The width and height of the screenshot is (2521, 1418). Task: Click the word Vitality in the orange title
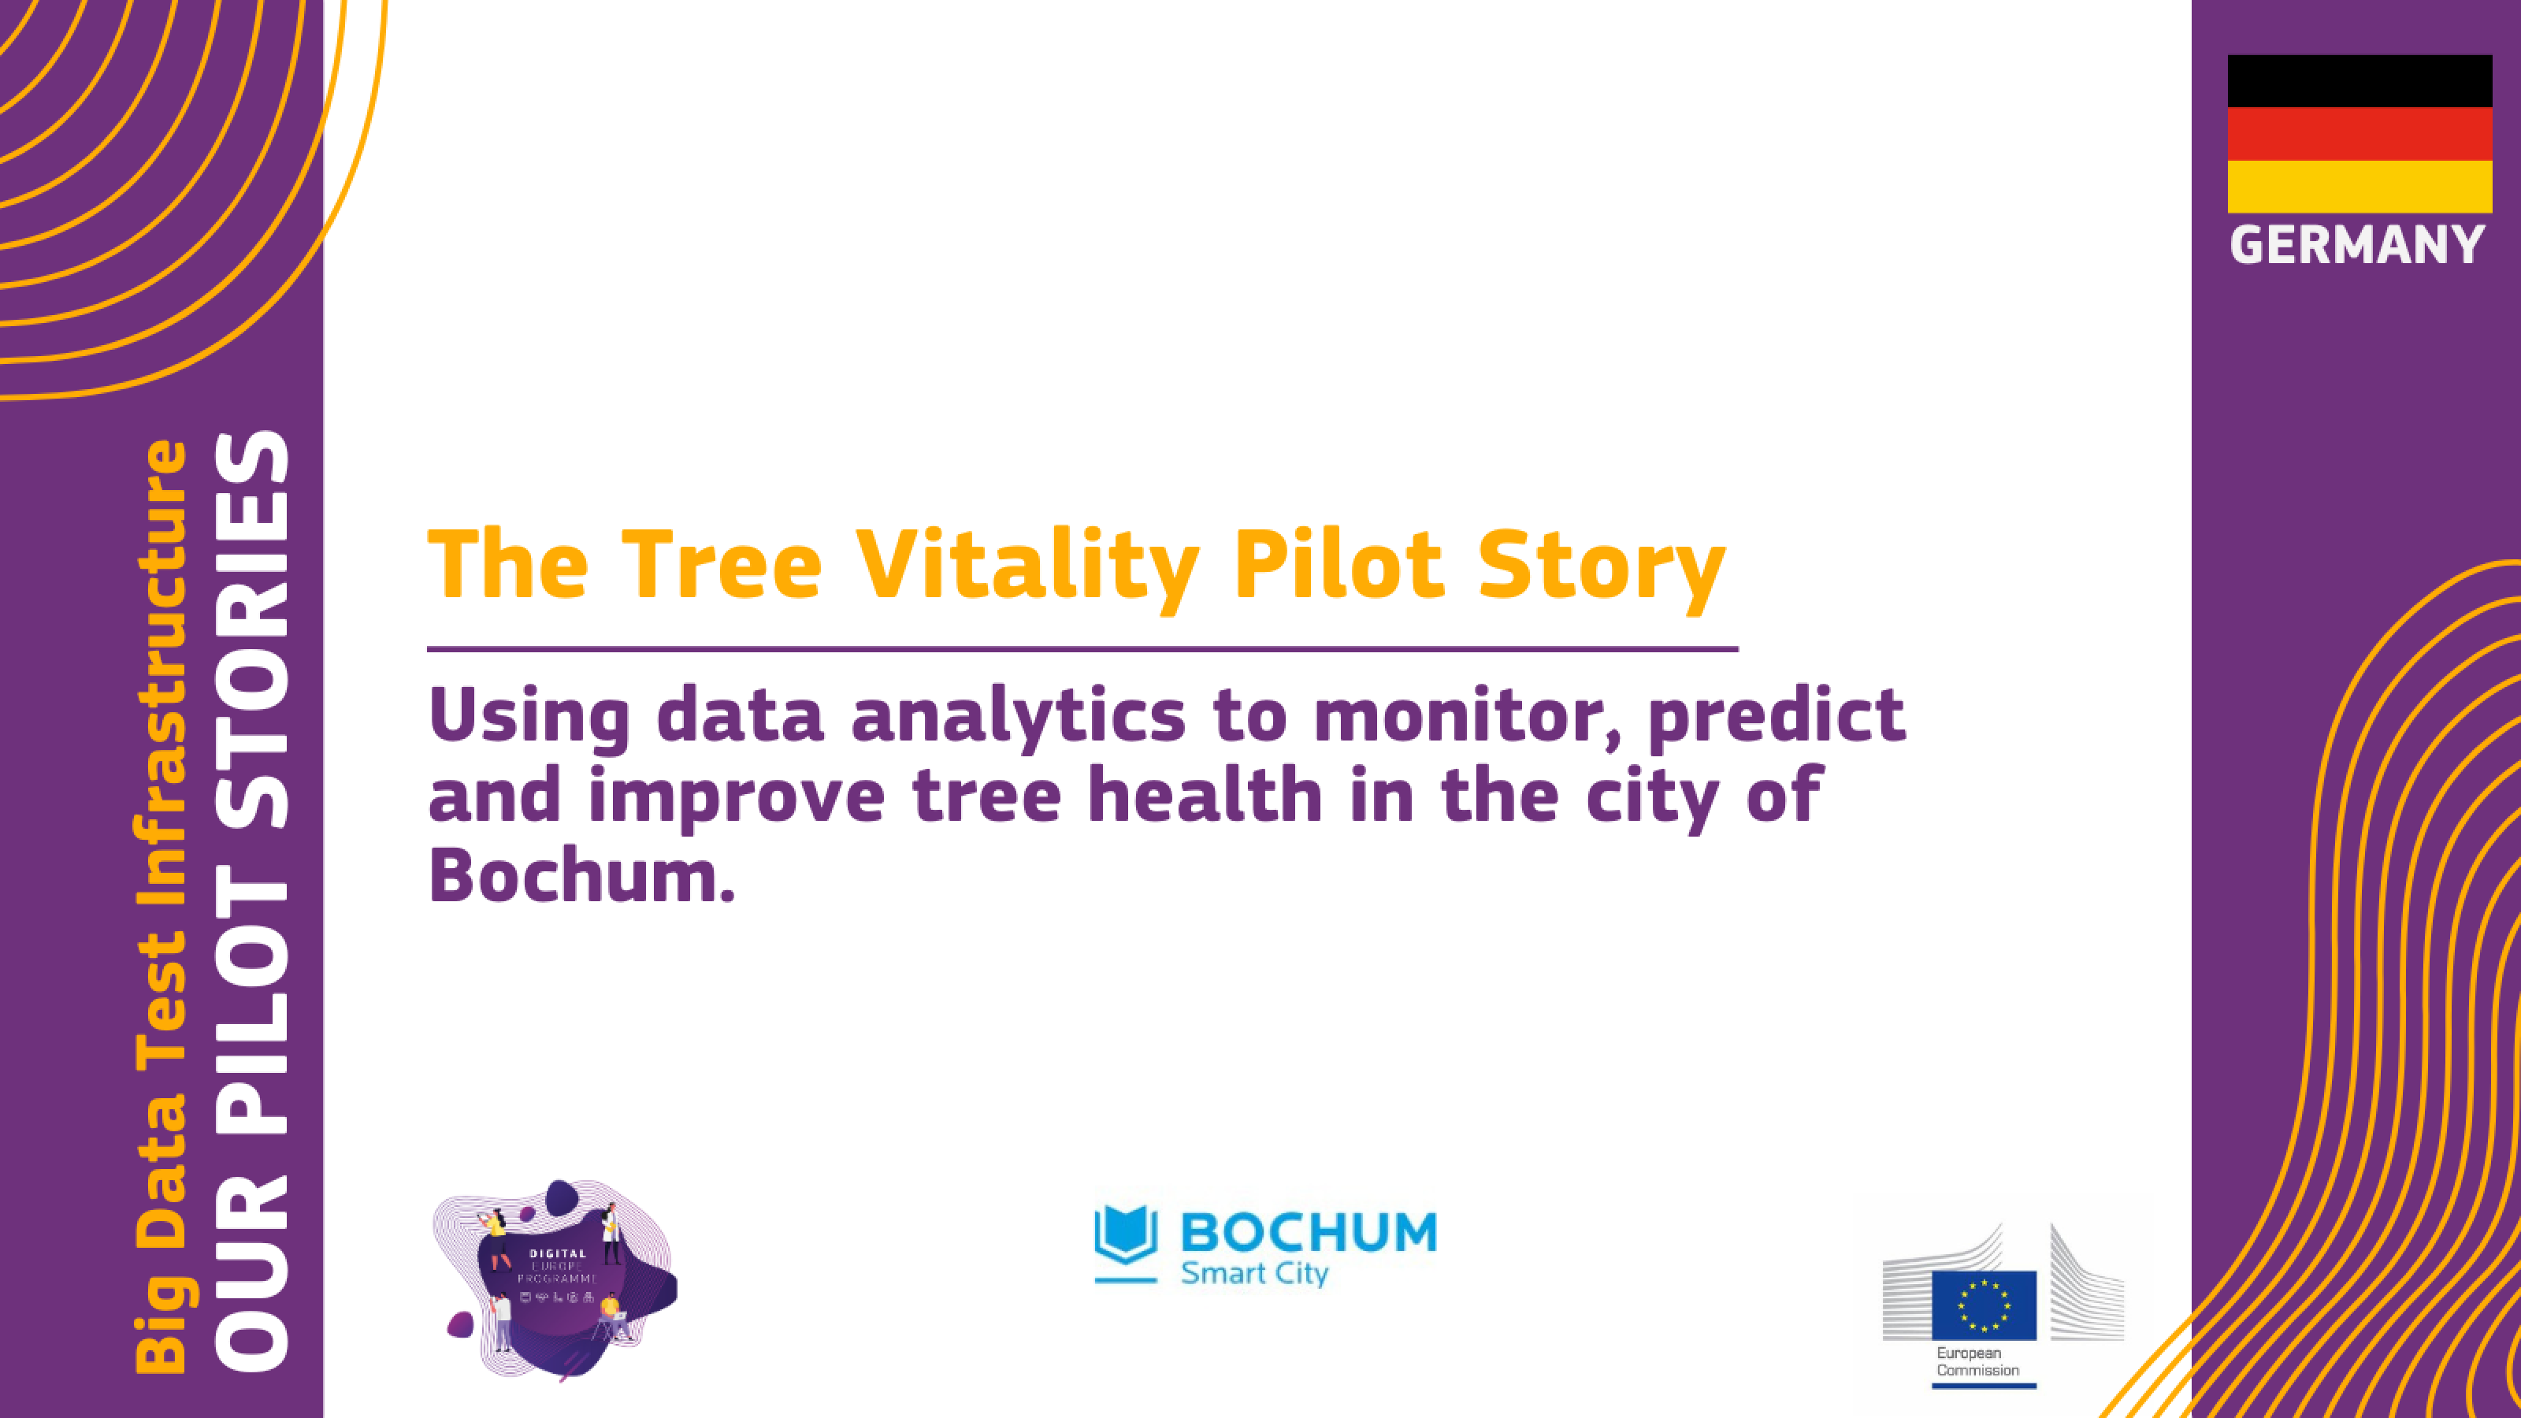1027,565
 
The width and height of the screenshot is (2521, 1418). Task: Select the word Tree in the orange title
722,565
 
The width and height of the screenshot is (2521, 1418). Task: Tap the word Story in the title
1601,565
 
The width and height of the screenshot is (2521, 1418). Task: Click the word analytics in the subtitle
1018,716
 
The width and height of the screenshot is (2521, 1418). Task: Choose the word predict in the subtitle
1777,716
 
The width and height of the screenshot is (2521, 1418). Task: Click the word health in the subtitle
1205,795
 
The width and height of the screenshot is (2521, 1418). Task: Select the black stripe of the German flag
2359,81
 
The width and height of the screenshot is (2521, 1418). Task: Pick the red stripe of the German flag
2359,134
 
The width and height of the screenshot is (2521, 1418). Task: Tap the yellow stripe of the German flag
2359,187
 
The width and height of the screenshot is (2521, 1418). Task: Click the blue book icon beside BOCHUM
1126,1236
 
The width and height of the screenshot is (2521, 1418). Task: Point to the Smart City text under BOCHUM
1255,1273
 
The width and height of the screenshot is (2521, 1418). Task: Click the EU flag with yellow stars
1984,1305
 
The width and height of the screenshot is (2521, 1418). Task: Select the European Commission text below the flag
1977,1362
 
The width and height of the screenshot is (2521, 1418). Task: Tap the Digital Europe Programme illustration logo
555,1280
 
